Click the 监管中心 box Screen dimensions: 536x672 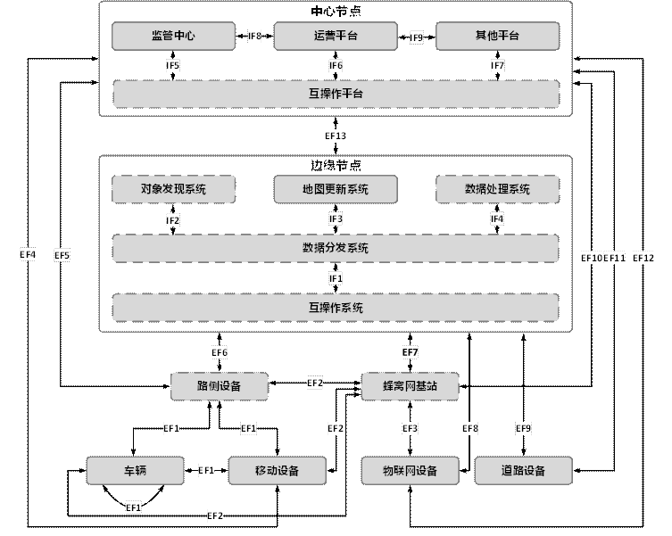point(173,37)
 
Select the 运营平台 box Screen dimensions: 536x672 point(335,37)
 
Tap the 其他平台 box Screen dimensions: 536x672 point(497,37)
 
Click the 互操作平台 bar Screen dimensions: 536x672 point(335,93)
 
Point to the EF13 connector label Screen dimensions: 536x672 point(336,136)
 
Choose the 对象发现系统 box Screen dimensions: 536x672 point(173,189)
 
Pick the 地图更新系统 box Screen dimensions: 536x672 point(335,189)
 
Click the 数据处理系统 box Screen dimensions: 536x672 point(497,189)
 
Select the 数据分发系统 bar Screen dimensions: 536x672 point(335,248)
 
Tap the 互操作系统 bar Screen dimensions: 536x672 point(335,308)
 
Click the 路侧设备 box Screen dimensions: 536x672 point(220,386)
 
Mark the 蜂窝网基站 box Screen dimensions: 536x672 point(411,386)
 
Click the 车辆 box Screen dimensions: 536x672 point(135,470)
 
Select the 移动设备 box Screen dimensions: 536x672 point(277,470)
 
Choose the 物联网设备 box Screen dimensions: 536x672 point(411,470)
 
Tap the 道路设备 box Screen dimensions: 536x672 point(522,470)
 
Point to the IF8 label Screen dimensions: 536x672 point(254,37)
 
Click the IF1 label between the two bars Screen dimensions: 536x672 point(336,278)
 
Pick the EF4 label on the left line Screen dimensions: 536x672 point(28,255)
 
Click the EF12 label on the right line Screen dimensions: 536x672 point(643,258)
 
